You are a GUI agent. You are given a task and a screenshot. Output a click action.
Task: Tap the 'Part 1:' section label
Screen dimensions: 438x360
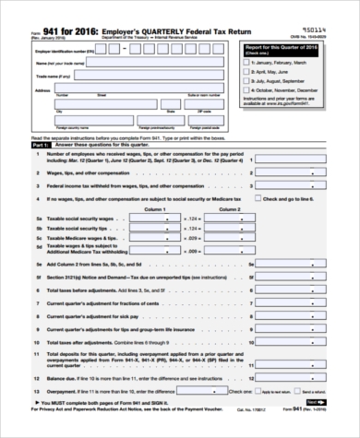click(38, 146)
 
